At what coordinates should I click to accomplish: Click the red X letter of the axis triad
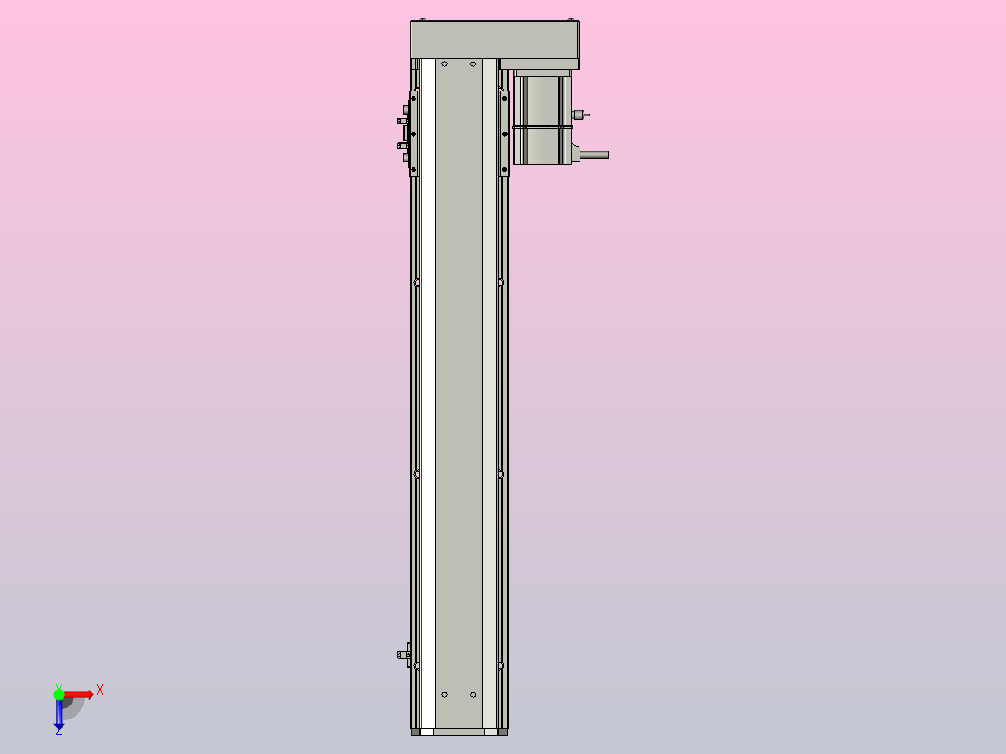point(100,691)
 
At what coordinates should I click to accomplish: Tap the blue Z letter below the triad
point(58,733)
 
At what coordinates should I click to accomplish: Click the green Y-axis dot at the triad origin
point(59,693)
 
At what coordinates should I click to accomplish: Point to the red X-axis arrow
point(80,694)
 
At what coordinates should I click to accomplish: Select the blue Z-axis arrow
point(59,715)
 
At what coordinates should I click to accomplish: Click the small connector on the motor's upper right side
point(579,116)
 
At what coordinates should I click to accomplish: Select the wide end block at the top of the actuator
point(495,39)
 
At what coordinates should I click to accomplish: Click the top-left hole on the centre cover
point(445,64)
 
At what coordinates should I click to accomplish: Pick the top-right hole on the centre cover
point(473,64)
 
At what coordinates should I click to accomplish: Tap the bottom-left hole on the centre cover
point(445,695)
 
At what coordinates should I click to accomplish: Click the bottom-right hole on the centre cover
point(473,695)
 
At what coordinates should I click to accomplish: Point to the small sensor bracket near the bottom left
point(404,654)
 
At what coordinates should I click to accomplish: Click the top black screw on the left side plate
point(413,96)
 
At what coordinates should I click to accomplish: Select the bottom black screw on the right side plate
point(505,170)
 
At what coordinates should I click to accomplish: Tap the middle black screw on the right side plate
point(505,133)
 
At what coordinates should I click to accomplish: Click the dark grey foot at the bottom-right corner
point(503,733)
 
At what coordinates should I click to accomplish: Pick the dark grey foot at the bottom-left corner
point(415,733)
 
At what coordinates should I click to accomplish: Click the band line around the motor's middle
point(541,126)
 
